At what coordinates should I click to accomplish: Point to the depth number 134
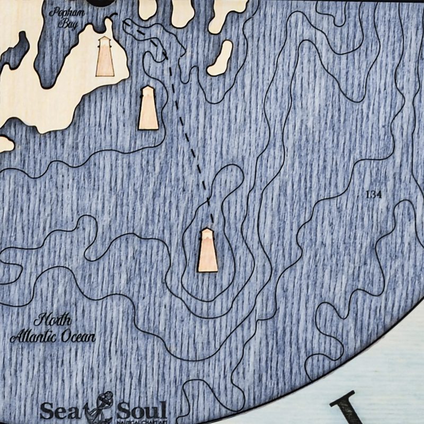click(x=374, y=195)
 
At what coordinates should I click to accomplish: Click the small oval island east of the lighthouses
click(x=220, y=58)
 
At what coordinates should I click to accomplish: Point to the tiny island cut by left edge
click(x=5, y=143)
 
